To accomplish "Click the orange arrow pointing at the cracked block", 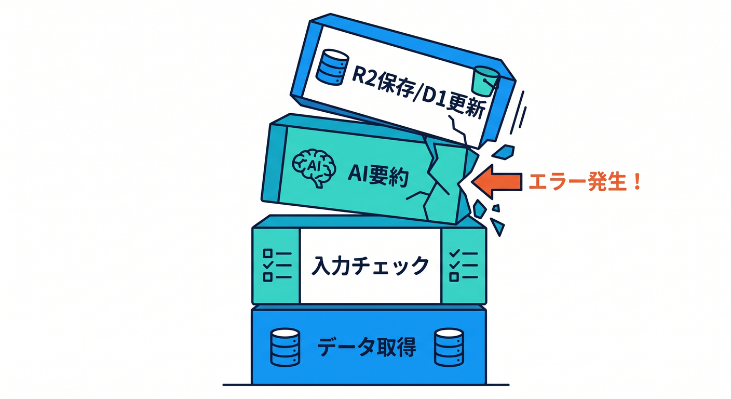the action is click(x=497, y=181).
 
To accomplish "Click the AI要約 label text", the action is click(x=378, y=176).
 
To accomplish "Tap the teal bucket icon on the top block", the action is click(x=485, y=81).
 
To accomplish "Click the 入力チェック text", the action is click(x=370, y=266).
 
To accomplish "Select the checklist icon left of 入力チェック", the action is click(x=277, y=265).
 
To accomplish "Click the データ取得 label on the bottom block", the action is click(x=367, y=347).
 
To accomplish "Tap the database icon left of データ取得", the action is click(x=285, y=347).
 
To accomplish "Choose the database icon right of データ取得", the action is click(x=449, y=347).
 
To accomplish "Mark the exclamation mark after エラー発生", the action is click(x=636, y=182).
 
